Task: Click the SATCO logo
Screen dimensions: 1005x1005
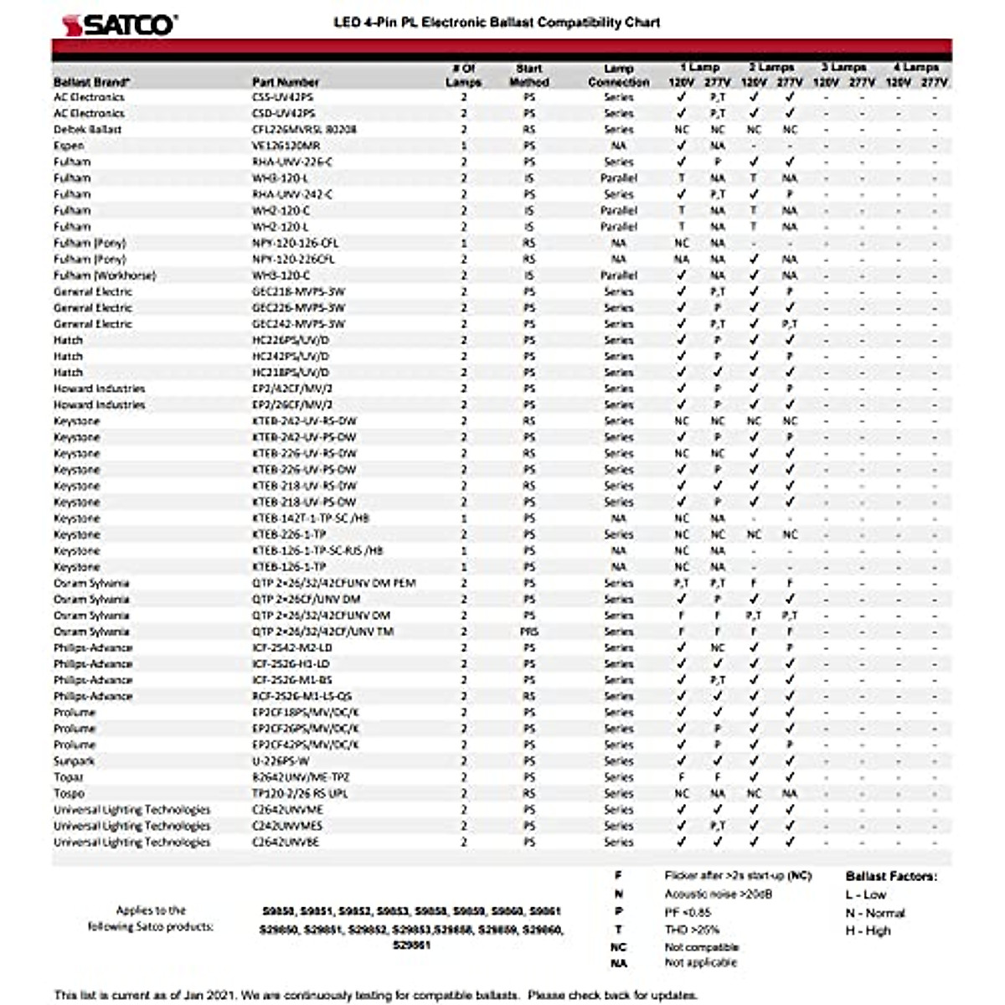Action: point(118,24)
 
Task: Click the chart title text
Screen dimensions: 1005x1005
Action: point(496,23)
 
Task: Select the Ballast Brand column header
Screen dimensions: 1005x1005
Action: point(91,82)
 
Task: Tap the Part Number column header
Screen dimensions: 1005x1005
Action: point(286,82)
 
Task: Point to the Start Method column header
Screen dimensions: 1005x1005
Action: point(529,75)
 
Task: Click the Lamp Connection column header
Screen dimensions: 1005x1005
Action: point(618,75)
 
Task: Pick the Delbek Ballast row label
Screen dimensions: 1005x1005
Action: point(88,130)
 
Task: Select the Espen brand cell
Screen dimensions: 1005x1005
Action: point(69,146)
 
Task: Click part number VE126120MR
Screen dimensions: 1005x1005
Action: point(286,146)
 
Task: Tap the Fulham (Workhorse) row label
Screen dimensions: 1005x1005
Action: point(105,276)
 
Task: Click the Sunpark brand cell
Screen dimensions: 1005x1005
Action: point(75,761)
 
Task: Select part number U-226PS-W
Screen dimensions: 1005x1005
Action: point(281,761)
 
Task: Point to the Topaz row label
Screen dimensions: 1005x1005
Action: point(69,777)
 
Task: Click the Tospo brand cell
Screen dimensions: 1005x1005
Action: point(70,793)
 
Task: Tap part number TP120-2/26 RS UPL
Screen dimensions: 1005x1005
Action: point(300,793)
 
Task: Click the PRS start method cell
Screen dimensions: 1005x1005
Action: point(529,631)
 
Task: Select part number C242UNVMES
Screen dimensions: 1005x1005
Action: point(287,826)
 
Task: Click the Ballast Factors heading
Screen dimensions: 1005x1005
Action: point(891,876)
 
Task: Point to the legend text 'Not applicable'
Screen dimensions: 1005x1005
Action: point(701,963)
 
